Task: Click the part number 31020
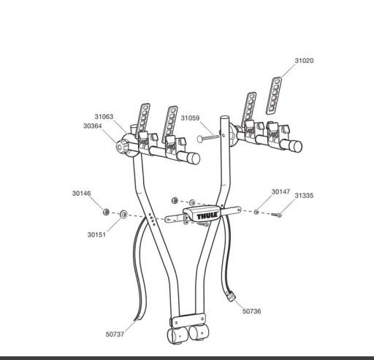coord(304,61)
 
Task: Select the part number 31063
coord(104,117)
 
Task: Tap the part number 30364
coord(93,126)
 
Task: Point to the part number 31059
coord(190,118)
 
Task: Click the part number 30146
coord(81,194)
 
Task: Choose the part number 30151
coord(96,234)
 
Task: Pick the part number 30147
coord(280,192)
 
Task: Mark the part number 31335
coord(304,196)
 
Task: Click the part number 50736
coord(251,311)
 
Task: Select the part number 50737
coord(115,334)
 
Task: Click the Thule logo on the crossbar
coord(207,216)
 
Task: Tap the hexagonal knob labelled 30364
coord(121,146)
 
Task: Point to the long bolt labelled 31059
coord(208,138)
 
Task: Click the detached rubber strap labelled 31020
coord(274,96)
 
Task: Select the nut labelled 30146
coord(106,212)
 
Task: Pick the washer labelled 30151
coord(123,215)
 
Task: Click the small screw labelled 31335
coord(277,215)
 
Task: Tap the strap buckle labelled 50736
coord(231,296)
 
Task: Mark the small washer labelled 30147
coord(256,212)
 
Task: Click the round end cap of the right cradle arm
coord(296,146)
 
